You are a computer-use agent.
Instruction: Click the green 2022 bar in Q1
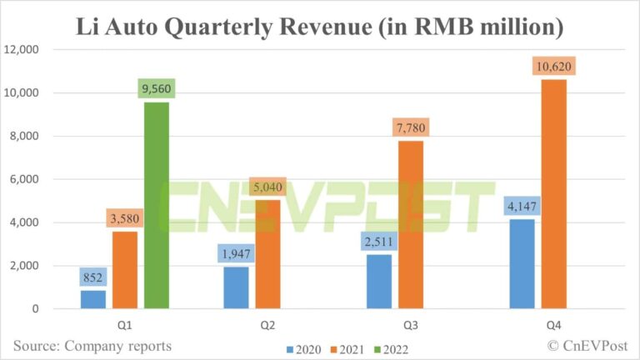[157, 205]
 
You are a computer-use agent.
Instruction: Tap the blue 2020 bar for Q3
[378, 281]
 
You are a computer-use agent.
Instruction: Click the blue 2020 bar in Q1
[93, 299]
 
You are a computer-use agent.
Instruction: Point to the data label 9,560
[156, 89]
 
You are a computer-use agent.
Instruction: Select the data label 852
[93, 277]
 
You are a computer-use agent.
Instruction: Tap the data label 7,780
[412, 128]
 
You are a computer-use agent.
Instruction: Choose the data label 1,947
[237, 253]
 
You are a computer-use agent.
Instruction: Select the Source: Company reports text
[92, 345]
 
